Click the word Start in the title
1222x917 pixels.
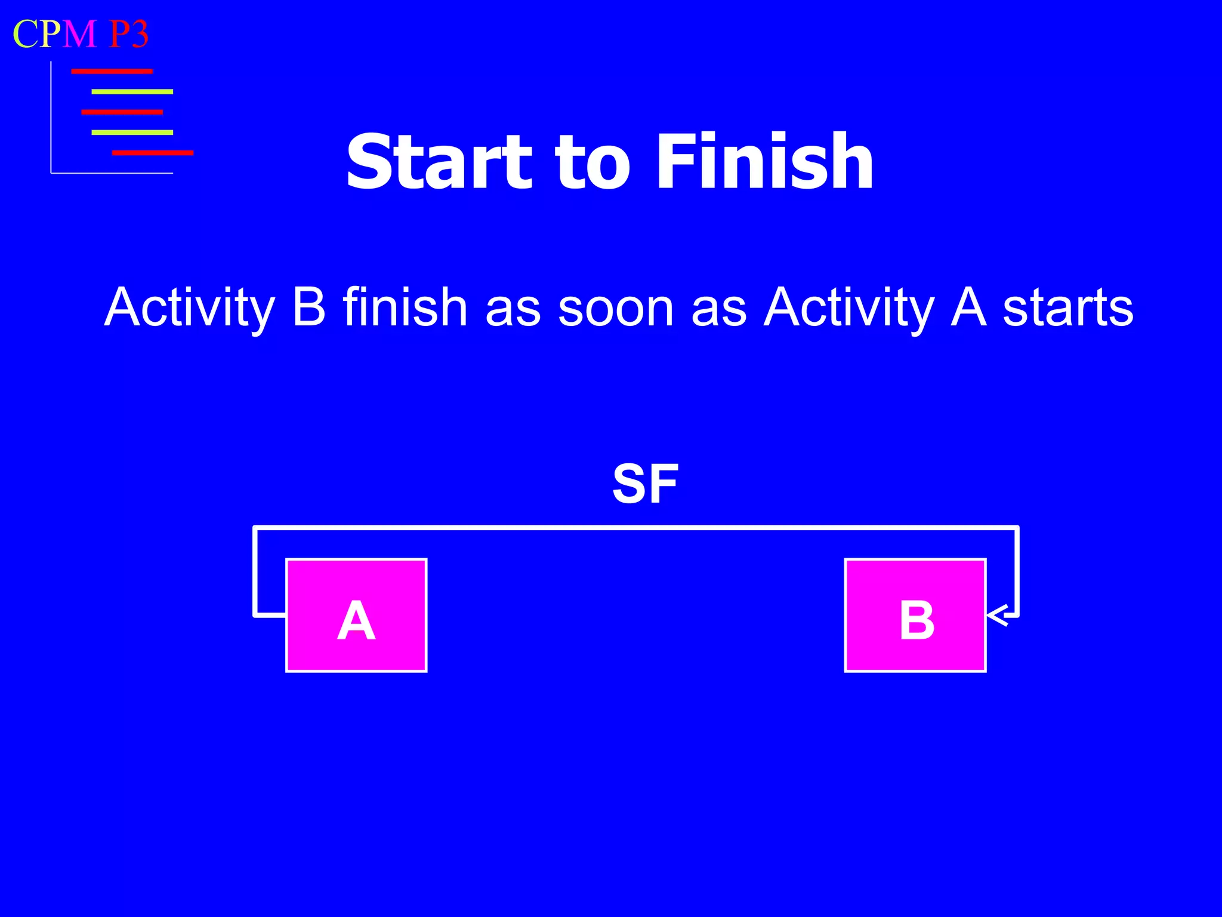439,162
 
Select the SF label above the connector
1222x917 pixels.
645,484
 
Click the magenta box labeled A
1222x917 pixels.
356,616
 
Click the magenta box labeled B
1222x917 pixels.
915,616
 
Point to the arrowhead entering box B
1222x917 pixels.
996,616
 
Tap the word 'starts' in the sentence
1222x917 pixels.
1067,308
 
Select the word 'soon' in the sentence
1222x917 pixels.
616,308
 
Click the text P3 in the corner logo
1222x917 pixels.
128,34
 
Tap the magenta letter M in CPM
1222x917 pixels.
79,34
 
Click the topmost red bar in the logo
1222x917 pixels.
112,72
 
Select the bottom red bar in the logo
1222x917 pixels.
152,153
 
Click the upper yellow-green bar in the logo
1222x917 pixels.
132,92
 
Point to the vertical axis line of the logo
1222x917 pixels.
51,119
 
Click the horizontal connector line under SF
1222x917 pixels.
635,528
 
